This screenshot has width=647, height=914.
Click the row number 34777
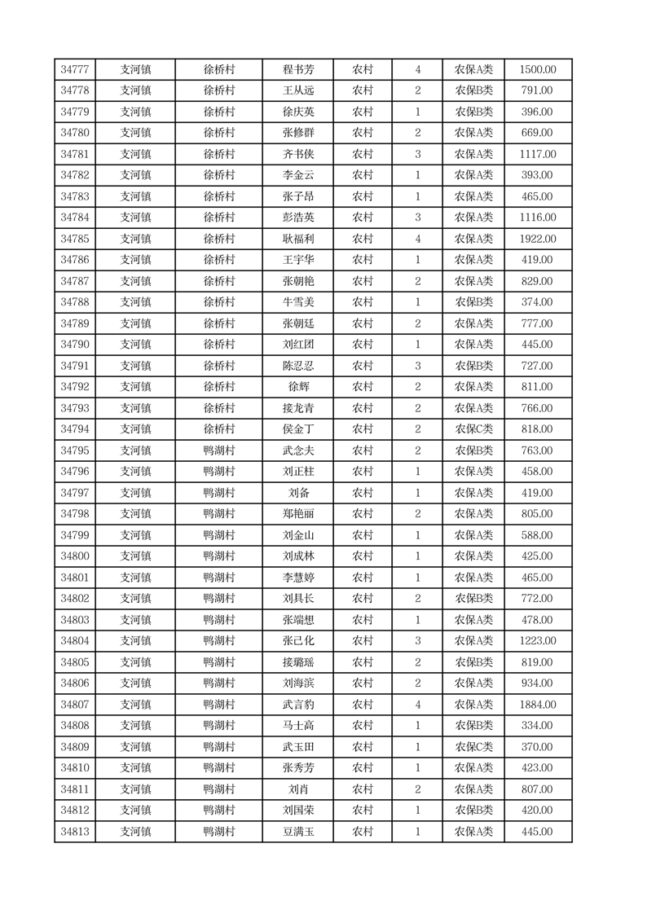point(75,70)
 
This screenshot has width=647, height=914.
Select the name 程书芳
point(297,70)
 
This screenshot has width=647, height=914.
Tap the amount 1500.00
point(538,70)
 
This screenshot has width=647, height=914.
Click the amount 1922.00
point(538,239)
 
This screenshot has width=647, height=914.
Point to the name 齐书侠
point(297,155)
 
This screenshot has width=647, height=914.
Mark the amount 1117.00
point(538,155)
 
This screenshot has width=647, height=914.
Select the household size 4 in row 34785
point(418,239)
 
